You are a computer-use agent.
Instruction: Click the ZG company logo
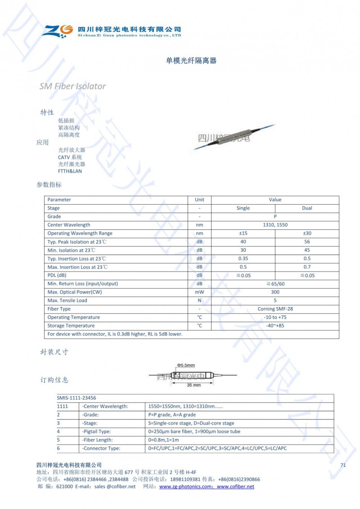coord(58,31)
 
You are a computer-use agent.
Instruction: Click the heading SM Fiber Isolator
coord(72,86)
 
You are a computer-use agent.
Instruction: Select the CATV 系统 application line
coord(70,157)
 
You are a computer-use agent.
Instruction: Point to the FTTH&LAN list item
coord(70,171)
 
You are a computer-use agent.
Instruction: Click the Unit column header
coord(199,200)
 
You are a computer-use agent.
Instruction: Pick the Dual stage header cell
coord(307,208)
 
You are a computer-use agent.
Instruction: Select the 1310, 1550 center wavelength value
coord(275,225)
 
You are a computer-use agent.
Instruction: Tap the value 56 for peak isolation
coord(307,242)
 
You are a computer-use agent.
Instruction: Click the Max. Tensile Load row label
coord(67,300)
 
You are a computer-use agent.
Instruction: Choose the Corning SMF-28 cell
coord(275,309)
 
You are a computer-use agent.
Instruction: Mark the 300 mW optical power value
coord(275,292)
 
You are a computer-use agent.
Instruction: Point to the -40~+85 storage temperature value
coord(275,326)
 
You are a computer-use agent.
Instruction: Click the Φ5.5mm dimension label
coord(185,365)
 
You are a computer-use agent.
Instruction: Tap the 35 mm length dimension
coord(193,385)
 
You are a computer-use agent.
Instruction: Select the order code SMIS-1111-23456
coord(76,398)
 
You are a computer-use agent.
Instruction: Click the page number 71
coord(343,465)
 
